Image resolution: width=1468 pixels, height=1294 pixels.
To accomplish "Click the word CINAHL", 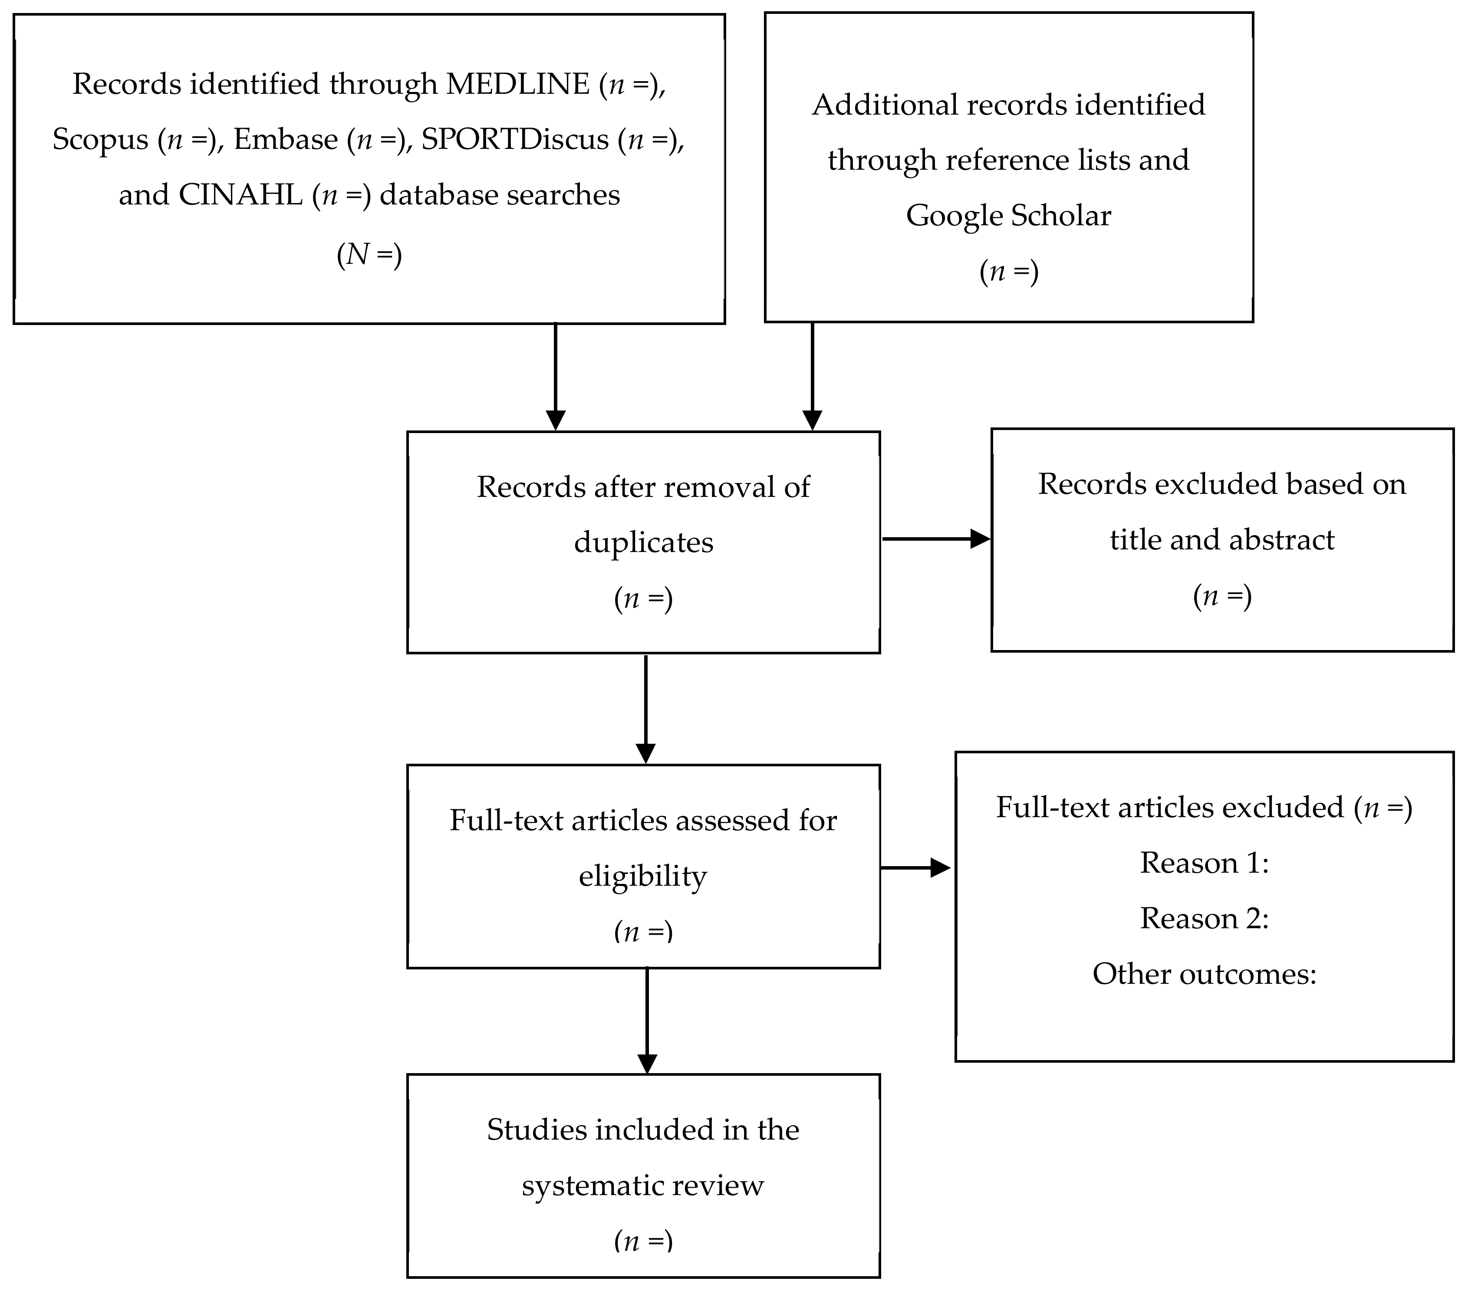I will pos(240,195).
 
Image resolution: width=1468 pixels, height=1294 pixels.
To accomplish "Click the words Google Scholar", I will pos(1008,215).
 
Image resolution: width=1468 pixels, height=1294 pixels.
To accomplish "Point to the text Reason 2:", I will pos(1205,919).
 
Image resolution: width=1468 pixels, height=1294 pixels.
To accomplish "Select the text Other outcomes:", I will pos(1205,975).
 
